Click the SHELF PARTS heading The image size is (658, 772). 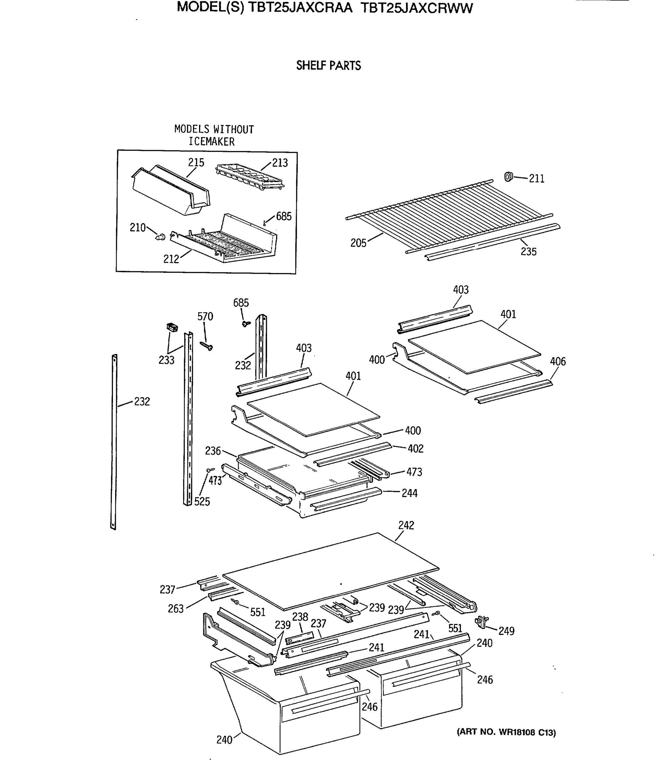point(328,66)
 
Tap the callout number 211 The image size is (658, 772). point(536,179)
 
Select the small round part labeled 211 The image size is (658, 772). point(508,177)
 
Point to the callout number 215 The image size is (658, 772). point(196,162)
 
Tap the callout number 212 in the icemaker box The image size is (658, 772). point(171,259)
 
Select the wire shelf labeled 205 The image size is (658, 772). point(447,216)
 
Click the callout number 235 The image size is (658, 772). point(528,252)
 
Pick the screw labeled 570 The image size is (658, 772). point(206,346)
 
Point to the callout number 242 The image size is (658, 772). point(406,525)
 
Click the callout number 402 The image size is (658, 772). point(415,449)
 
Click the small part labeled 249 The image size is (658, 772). point(482,621)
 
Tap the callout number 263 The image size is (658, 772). point(175,609)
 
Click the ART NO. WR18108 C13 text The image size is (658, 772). point(506,732)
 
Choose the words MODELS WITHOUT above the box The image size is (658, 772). point(214,129)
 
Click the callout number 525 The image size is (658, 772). point(202,501)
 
